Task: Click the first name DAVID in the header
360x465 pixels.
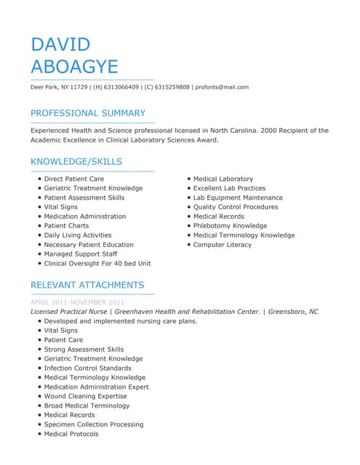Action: pyautogui.click(x=60, y=44)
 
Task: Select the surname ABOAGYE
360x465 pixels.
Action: pyautogui.click(x=74, y=67)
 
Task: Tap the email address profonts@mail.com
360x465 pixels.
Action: pyautogui.click(x=222, y=87)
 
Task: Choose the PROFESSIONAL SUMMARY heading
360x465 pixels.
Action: pyautogui.click(x=87, y=113)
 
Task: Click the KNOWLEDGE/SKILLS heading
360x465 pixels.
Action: pyautogui.click(x=76, y=161)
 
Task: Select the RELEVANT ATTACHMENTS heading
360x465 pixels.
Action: pyautogui.click(x=87, y=285)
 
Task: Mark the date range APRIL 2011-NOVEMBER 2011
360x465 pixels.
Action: pyautogui.click(x=77, y=302)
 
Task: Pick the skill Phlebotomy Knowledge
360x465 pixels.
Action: pyautogui.click(x=230, y=226)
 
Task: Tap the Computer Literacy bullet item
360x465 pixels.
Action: pyautogui.click(x=222, y=245)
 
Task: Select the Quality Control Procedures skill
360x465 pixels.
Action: pyautogui.click(x=235, y=207)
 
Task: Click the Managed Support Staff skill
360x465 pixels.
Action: pyautogui.click(x=80, y=254)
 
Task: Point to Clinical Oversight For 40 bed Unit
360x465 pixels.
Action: pyautogui.click(x=97, y=264)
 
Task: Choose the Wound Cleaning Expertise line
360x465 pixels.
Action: pyautogui.click(x=85, y=396)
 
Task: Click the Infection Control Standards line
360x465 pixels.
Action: pyautogui.click(x=87, y=368)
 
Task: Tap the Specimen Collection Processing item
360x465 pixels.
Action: pyautogui.click(x=93, y=424)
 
